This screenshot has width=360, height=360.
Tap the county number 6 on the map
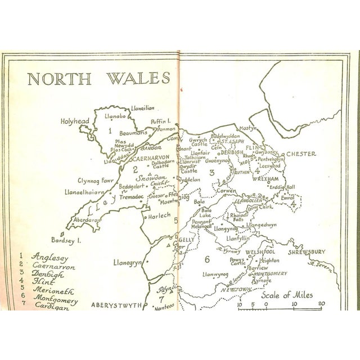(206, 259)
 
